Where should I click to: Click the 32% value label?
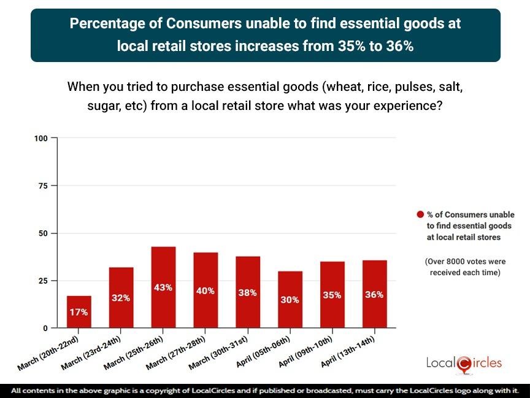[121, 298]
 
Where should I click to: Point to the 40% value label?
[205, 291]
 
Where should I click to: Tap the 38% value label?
[248, 293]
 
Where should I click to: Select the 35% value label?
[332, 295]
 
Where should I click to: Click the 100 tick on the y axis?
[40, 138]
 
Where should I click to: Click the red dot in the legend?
[420, 214]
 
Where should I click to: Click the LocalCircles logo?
[464, 363]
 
